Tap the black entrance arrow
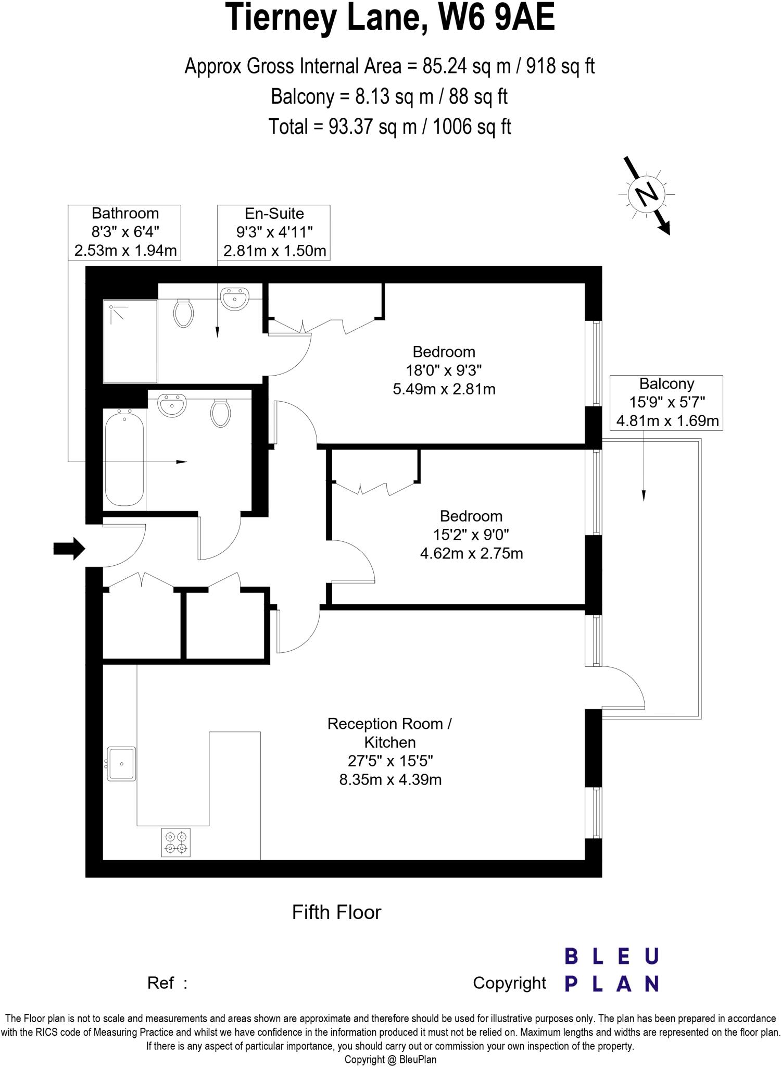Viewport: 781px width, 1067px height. coord(69,549)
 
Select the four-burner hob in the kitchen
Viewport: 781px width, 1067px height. coord(176,842)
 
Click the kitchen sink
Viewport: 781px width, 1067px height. coord(121,764)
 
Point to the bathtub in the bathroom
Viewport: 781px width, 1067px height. coord(124,457)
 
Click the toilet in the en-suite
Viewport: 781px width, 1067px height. coord(183,313)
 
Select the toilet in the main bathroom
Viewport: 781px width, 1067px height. coord(221,413)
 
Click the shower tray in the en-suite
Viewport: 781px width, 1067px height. coord(130,341)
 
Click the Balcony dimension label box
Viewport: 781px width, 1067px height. coord(666,402)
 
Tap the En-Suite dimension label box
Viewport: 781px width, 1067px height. coord(274,232)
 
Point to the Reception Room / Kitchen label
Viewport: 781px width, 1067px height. coord(389,733)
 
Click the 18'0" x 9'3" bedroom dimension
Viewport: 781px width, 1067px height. coord(444,370)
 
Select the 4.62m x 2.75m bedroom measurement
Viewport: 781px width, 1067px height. coord(471,553)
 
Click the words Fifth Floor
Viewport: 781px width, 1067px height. coord(336,912)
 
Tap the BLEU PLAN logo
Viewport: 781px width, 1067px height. coord(612,970)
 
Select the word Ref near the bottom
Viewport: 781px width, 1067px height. coord(161,983)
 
